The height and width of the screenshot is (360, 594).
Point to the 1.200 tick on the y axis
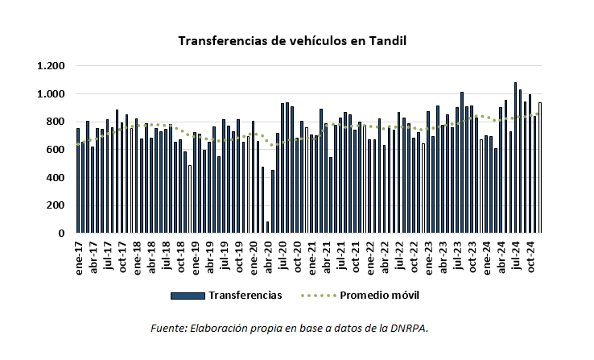tap(51, 66)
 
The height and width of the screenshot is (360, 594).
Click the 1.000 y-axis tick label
tap(51, 94)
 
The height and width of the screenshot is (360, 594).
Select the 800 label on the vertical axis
tap(56, 122)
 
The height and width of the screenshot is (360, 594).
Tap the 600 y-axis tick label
tap(56, 150)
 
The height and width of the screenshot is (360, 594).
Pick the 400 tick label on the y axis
tap(56, 178)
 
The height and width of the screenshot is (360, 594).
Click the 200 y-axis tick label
tap(56, 205)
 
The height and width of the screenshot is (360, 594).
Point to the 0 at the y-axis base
tap(62, 234)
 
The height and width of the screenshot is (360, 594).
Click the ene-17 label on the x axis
tap(79, 256)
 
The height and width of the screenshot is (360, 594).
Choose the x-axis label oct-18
tap(181, 255)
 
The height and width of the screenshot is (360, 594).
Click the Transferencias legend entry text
tap(245, 296)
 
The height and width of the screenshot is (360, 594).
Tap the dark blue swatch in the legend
tap(188, 296)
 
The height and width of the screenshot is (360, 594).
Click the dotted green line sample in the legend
tap(318, 296)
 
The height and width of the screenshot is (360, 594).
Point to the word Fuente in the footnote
tap(168, 329)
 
